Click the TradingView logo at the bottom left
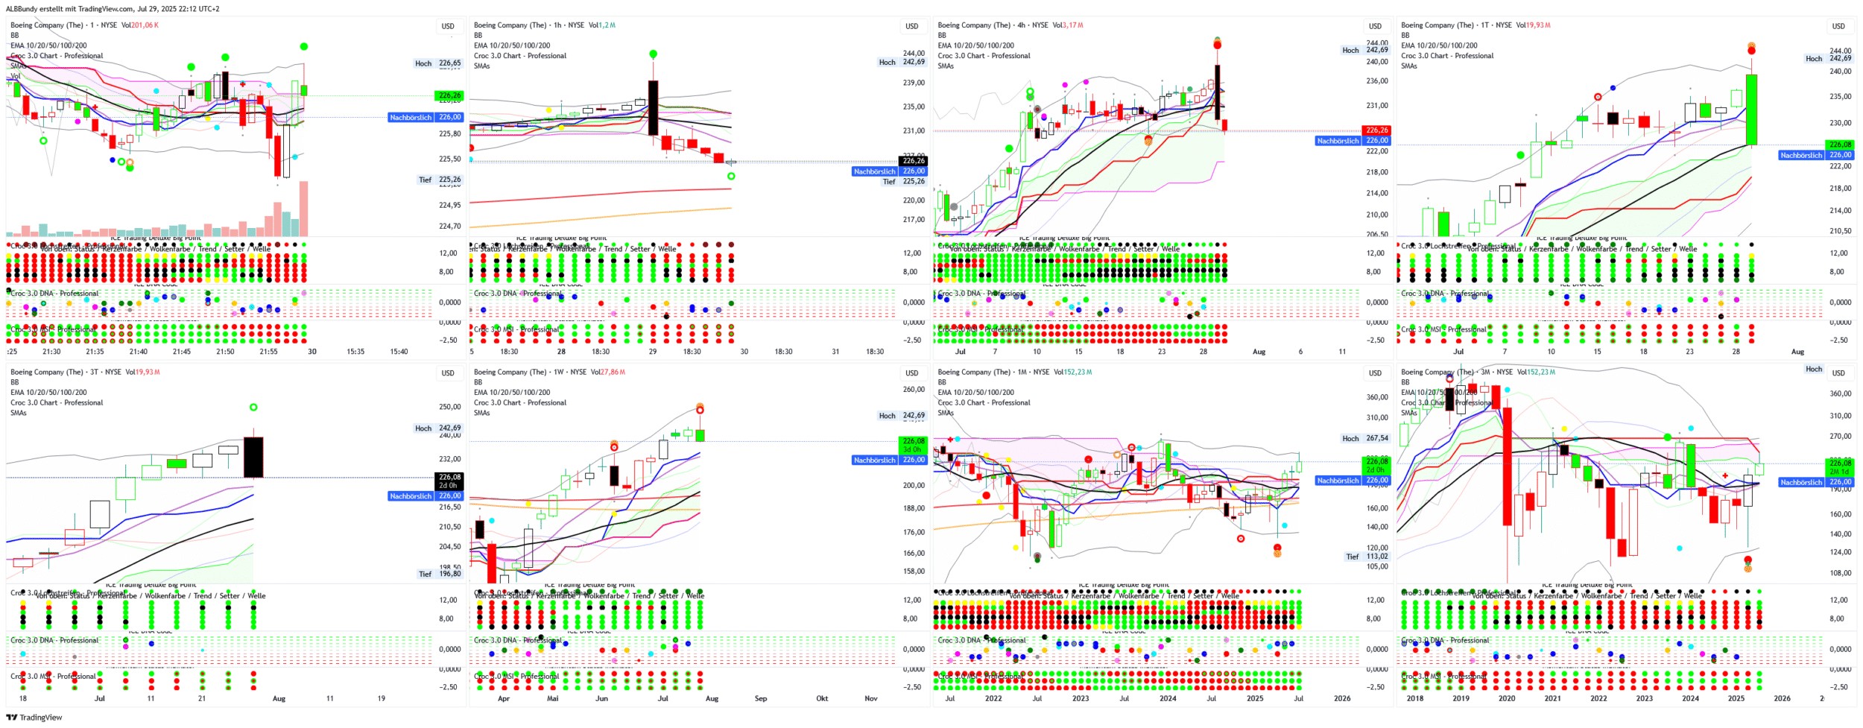point(34,718)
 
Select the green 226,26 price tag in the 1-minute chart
point(449,95)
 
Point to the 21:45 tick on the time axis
point(182,352)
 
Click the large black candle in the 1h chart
point(654,107)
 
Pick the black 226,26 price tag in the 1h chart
point(914,161)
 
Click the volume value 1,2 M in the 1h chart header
point(607,25)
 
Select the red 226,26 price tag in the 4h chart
point(1376,130)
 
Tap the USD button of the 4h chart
point(1375,26)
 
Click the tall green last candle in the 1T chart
point(1751,110)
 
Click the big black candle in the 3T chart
point(253,457)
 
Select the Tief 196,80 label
point(440,574)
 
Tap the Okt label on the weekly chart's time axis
point(822,699)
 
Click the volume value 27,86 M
point(612,372)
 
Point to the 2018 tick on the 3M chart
point(1414,699)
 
